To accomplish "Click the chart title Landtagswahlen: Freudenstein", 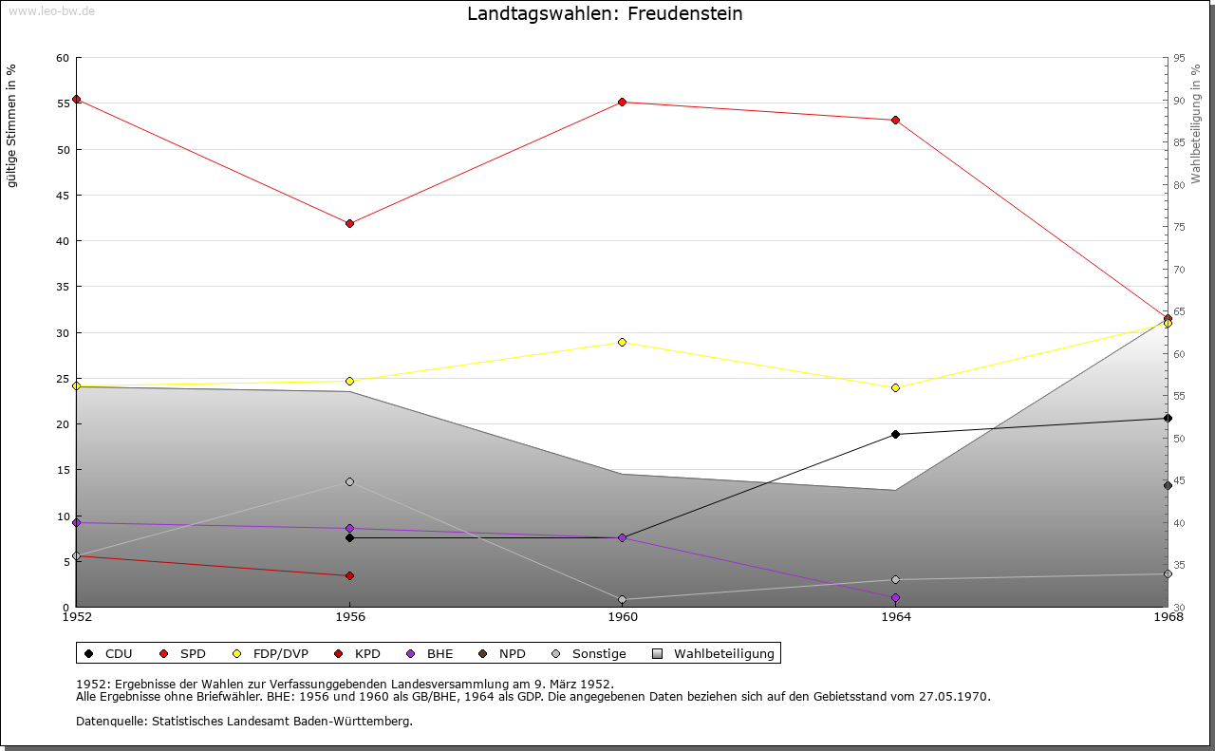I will (605, 14).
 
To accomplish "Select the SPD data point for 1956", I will (349, 224).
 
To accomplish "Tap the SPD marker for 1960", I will (622, 103).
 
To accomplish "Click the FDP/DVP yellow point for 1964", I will (895, 387).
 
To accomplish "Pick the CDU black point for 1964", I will (895, 434).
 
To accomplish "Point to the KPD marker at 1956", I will (349, 575).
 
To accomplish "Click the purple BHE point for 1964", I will (895, 597).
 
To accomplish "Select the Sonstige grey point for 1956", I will (349, 482).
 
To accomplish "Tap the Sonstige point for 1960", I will (622, 599).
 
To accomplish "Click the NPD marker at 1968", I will (1168, 485).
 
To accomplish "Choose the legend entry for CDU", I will (108, 654).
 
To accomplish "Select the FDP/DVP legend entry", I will (271, 654).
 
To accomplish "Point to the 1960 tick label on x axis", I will (622, 617).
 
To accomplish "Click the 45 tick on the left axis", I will (63, 196).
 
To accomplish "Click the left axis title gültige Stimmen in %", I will (12, 125).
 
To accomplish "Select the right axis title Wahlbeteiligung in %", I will (1196, 124).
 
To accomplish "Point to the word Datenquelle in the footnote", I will (106, 722).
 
